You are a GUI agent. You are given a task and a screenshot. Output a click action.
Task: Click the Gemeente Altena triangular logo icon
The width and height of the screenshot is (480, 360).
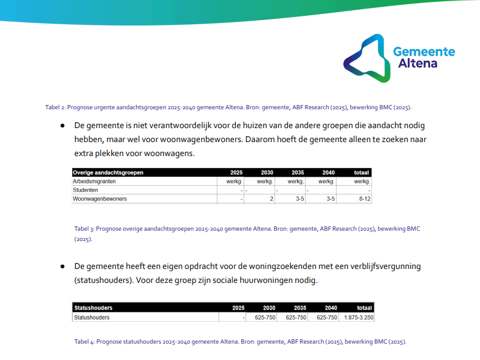tap(366, 59)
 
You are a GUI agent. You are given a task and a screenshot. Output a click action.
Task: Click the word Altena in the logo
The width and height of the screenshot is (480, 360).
tap(417, 64)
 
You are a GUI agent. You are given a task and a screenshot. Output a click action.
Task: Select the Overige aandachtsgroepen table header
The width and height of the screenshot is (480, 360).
tap(108, 172)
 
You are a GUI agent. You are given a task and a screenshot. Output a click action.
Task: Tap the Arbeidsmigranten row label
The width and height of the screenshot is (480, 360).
tap(94, 182)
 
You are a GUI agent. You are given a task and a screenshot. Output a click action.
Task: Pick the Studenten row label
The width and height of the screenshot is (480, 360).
tap(86, 190)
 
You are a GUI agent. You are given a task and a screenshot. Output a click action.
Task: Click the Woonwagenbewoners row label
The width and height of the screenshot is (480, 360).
tap(100, 199)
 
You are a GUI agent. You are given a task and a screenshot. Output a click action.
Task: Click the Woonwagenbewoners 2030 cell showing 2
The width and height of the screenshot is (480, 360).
tap(272, 199)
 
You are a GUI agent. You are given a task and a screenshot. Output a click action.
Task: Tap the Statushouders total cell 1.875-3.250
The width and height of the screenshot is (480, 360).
tap(358, 317)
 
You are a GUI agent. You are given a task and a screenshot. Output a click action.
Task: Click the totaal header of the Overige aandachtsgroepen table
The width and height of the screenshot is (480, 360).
tap(362, 172)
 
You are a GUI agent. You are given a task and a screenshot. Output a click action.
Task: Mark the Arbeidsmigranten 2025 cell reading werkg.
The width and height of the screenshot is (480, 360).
tap(234, 182)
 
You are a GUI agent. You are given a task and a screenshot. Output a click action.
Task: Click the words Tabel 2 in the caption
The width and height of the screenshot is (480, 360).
tap(55, 107)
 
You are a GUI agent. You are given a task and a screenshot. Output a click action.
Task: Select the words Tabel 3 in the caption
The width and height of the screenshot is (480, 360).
tap(84, 229)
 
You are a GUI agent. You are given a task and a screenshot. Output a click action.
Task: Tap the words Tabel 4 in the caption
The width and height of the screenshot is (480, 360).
tap(84, 341)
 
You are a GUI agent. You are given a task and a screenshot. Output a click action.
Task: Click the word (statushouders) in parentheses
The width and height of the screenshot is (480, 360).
tap(100, 280)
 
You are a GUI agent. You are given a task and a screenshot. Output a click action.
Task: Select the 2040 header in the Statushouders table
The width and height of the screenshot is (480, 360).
tap(331, 308)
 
